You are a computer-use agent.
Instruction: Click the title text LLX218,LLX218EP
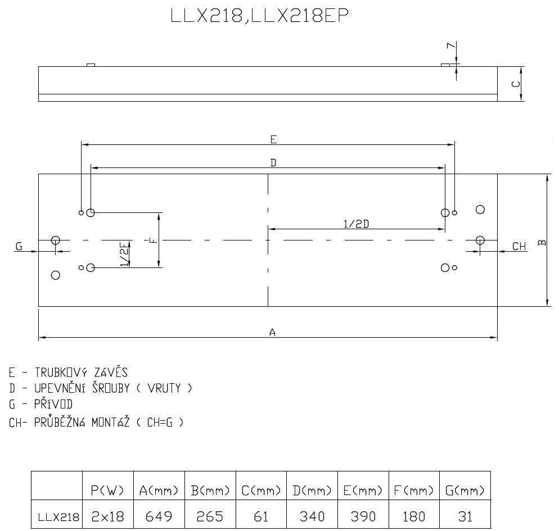pyautogui.click(x=260, y=16)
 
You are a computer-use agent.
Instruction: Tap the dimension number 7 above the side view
pyautogui.click(x=452, y=46)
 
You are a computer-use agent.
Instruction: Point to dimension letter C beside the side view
pyautogui.click(x=516, y=84)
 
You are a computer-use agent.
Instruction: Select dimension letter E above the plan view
pyautogui.click(x=273, y=139)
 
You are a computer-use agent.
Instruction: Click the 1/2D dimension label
pyautogui.click(x=356, y=224)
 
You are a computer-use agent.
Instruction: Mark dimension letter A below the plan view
pyautogui.click(x=272, y=332)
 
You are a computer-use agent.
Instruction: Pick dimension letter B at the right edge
pyautogui.click(x=542, y=243)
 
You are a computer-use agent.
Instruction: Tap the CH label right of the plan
pyautogui.click(x=519, y=247)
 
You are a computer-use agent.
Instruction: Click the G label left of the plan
pyautogui.click(x=19, y=246)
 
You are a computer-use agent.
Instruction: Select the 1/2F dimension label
pyautogui.click(x=124, y=254)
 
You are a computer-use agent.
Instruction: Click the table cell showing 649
pyautogui.click(x=159, y=516)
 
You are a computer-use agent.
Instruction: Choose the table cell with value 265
pyautogui.click(x=210, y=516)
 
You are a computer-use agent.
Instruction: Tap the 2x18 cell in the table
pyautogui.click(x=107, y=516)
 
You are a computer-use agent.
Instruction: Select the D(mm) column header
pyautogui.click(x=312, y=491)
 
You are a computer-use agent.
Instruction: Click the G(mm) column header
pyautogui.click(x=465, y=491)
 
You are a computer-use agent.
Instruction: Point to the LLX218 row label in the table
pyautogui.click(x=58, y=517)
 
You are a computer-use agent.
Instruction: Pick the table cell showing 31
pyautogui.click(x=465, y=516)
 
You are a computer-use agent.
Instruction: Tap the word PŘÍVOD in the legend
pyautogui.click(x=53, y=403)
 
